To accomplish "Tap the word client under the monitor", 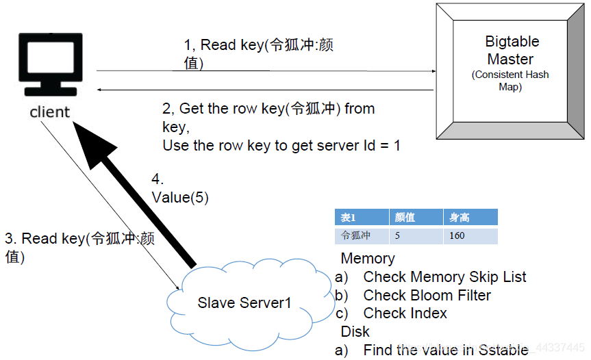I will point(49,112).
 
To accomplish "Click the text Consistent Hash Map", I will point(510,81).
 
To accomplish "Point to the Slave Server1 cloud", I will point(243,302).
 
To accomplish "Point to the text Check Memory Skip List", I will point(444,277).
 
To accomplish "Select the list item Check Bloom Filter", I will point(427,296).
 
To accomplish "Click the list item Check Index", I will point(405,313).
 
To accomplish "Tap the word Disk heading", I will point(355,331).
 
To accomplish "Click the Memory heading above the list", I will point(368,259).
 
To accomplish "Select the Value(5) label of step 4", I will point(179,197).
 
